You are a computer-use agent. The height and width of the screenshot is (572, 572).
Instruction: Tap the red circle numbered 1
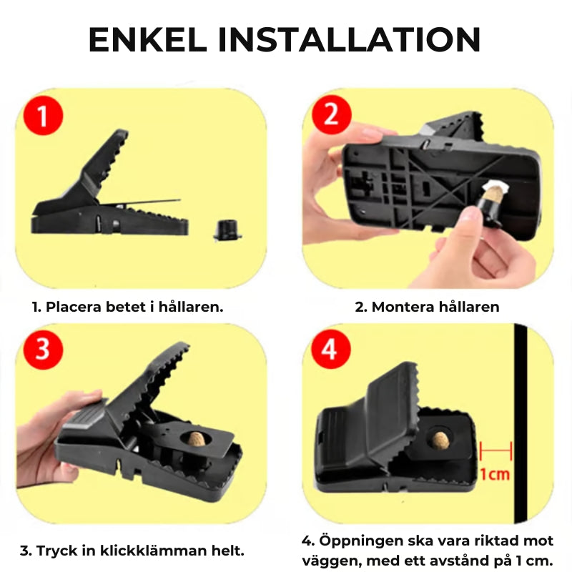coord(44,115)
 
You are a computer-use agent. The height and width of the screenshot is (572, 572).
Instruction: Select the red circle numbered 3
coord(44,350)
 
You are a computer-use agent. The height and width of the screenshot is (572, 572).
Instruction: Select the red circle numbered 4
coord(328,350)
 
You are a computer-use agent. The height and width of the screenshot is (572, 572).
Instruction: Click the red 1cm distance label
coord(495,474)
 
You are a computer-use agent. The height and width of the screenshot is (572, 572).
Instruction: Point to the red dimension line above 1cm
coord(495,450)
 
